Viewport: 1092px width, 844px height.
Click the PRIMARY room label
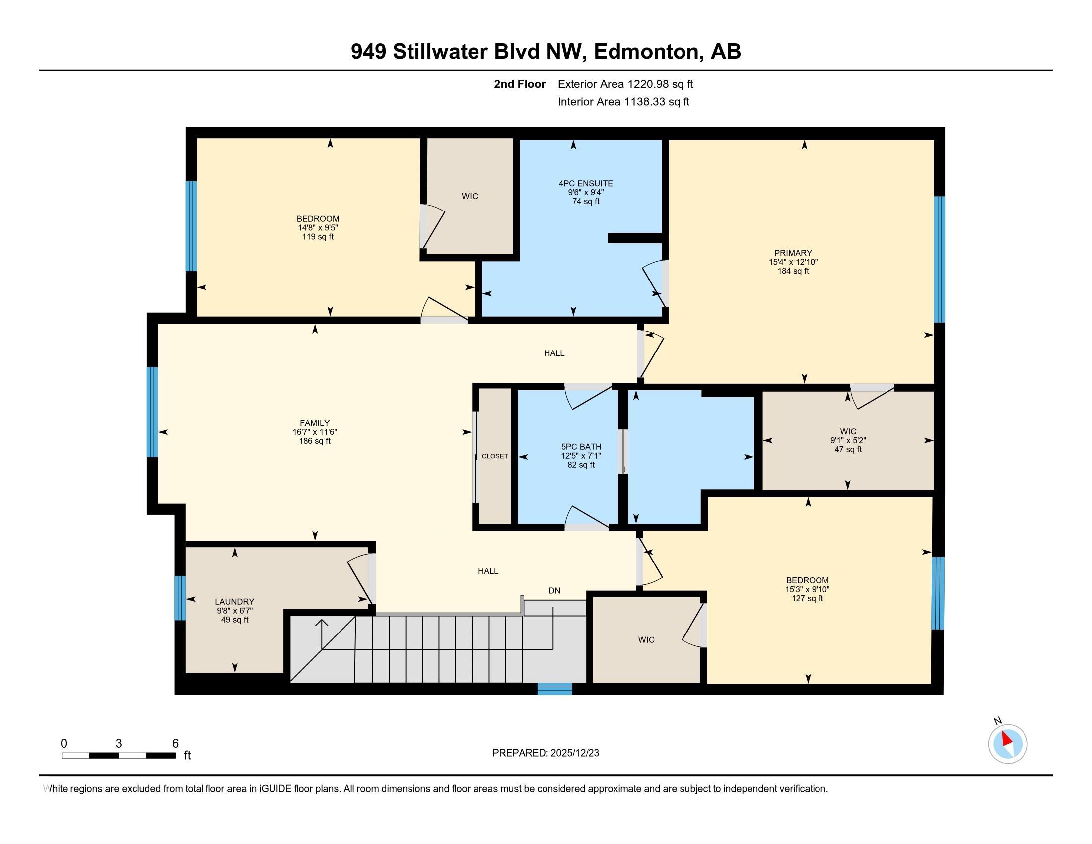(793, 253)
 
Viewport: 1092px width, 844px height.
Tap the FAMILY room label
(315, 423)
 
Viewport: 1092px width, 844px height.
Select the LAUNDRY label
(234, 602)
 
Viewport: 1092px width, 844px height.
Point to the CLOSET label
(495, 456)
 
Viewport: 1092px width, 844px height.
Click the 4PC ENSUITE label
(586, 184)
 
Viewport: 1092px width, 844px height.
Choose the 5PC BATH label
(581, 446)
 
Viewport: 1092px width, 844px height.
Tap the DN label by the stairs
(554, 590)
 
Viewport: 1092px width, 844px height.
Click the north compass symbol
(1008, 744)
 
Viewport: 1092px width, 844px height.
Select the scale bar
(119, 755)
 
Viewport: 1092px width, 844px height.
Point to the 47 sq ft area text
(848, 449)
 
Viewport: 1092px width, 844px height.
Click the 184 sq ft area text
(793, 271)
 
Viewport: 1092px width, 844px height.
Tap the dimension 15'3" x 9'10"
(807, 589)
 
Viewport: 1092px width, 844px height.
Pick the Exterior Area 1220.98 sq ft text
(625, 84)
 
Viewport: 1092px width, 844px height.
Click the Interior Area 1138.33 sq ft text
(623, 102)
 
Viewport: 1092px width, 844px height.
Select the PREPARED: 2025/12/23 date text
(546, 753)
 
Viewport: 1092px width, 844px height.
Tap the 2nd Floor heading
(520, 84)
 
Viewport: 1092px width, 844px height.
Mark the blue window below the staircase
(554, 689)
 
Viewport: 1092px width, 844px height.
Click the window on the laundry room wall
(180, 598)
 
